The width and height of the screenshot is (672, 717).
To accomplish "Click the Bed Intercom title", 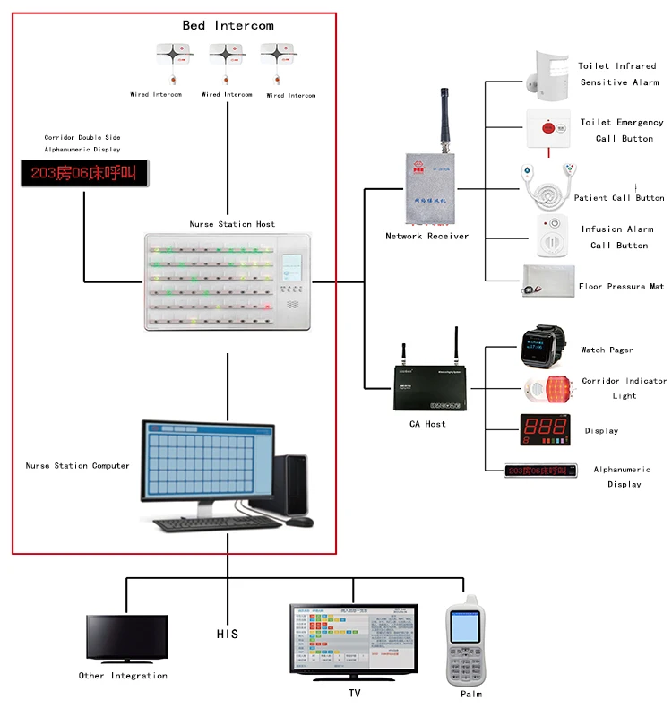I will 228,25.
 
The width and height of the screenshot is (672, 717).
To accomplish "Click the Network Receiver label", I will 426,237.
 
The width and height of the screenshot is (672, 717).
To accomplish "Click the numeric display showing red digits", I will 544,429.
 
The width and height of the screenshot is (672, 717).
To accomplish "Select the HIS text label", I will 228,634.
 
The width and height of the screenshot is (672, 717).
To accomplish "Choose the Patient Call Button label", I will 619,197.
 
